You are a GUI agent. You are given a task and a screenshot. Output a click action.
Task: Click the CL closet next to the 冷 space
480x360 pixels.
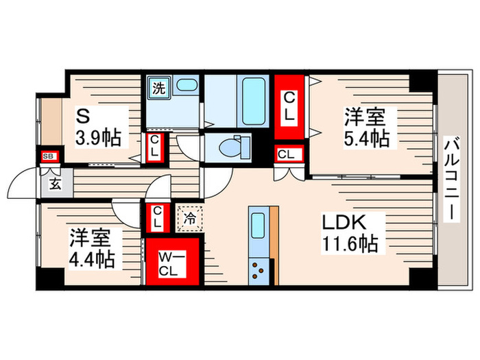click(x=157, y=218)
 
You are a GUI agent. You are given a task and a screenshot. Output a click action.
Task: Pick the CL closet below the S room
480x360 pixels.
click(x=154, y=146)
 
